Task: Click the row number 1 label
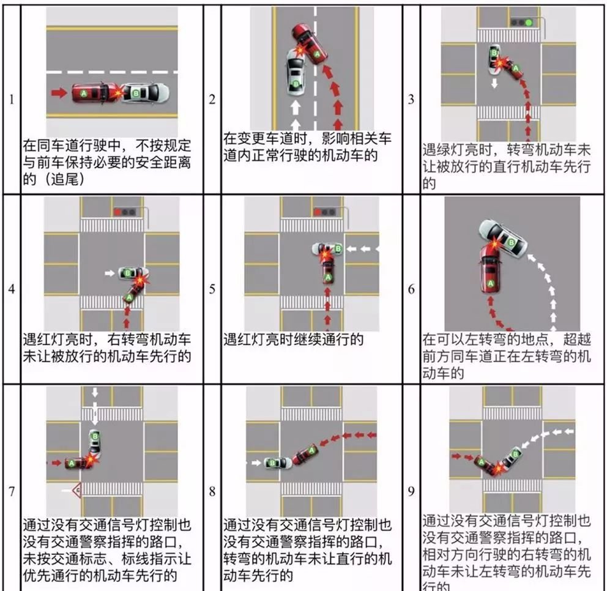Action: pyautogui.click(x=12, y=100)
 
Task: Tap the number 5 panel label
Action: pyautogui.click(x=212, y=289)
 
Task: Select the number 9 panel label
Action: pyautogui.click(x=411, y=491)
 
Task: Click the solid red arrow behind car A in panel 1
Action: pyautogui.click(x=59, y=93)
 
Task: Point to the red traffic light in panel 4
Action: pyautogui.click(x=117, y=212)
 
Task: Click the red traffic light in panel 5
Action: pyautogui.click(x=318, y=212)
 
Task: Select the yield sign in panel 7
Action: pyautogui.click(x=77, y=491)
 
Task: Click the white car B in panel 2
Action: pyautogui.click(x=296, y=72)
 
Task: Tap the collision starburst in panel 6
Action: pyautogui.click(x=494, y=245)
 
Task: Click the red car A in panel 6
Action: pyautogui.click(x=491, y=271)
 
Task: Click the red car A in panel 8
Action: pyautogui.click(x=306, y=455)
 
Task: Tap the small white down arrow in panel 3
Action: pyautogui.click(x=494, y=83)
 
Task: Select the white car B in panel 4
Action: pyautogui.click(x=132, y=273)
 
